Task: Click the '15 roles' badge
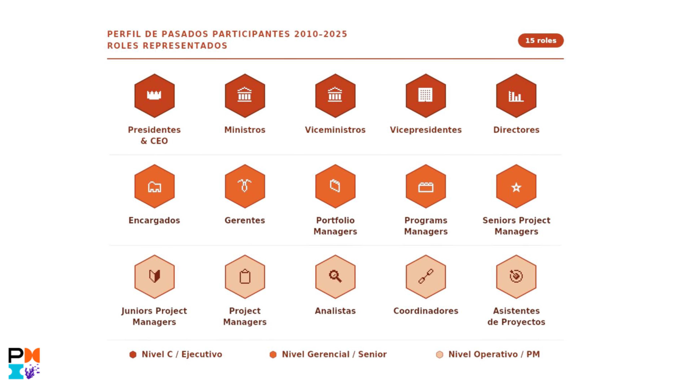(x=541, y=40)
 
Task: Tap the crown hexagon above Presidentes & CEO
(x=154, y=96)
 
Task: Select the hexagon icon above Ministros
(x=245, y=96)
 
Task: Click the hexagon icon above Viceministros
(x=335, y=96)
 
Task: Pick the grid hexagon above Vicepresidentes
(x=426, y=96)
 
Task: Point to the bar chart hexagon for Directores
(x=516, y=96)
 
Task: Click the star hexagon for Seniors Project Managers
(x=516, y=186)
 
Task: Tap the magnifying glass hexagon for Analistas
(x=335, y=277)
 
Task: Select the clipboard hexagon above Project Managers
(x=245, y=277)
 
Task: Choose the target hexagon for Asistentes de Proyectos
(x=516, y=277)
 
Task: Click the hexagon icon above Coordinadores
(x=426, y=277)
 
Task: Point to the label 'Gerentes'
(x=245, y=220)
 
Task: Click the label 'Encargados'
(x=154, y=220)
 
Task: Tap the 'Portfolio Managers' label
(x=335, y=226)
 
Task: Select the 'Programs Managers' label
(x=426, y=226)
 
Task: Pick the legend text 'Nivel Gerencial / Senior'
(x=334, y=354)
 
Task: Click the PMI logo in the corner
(x=24, y=363)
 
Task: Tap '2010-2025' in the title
(x=321, y=34)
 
